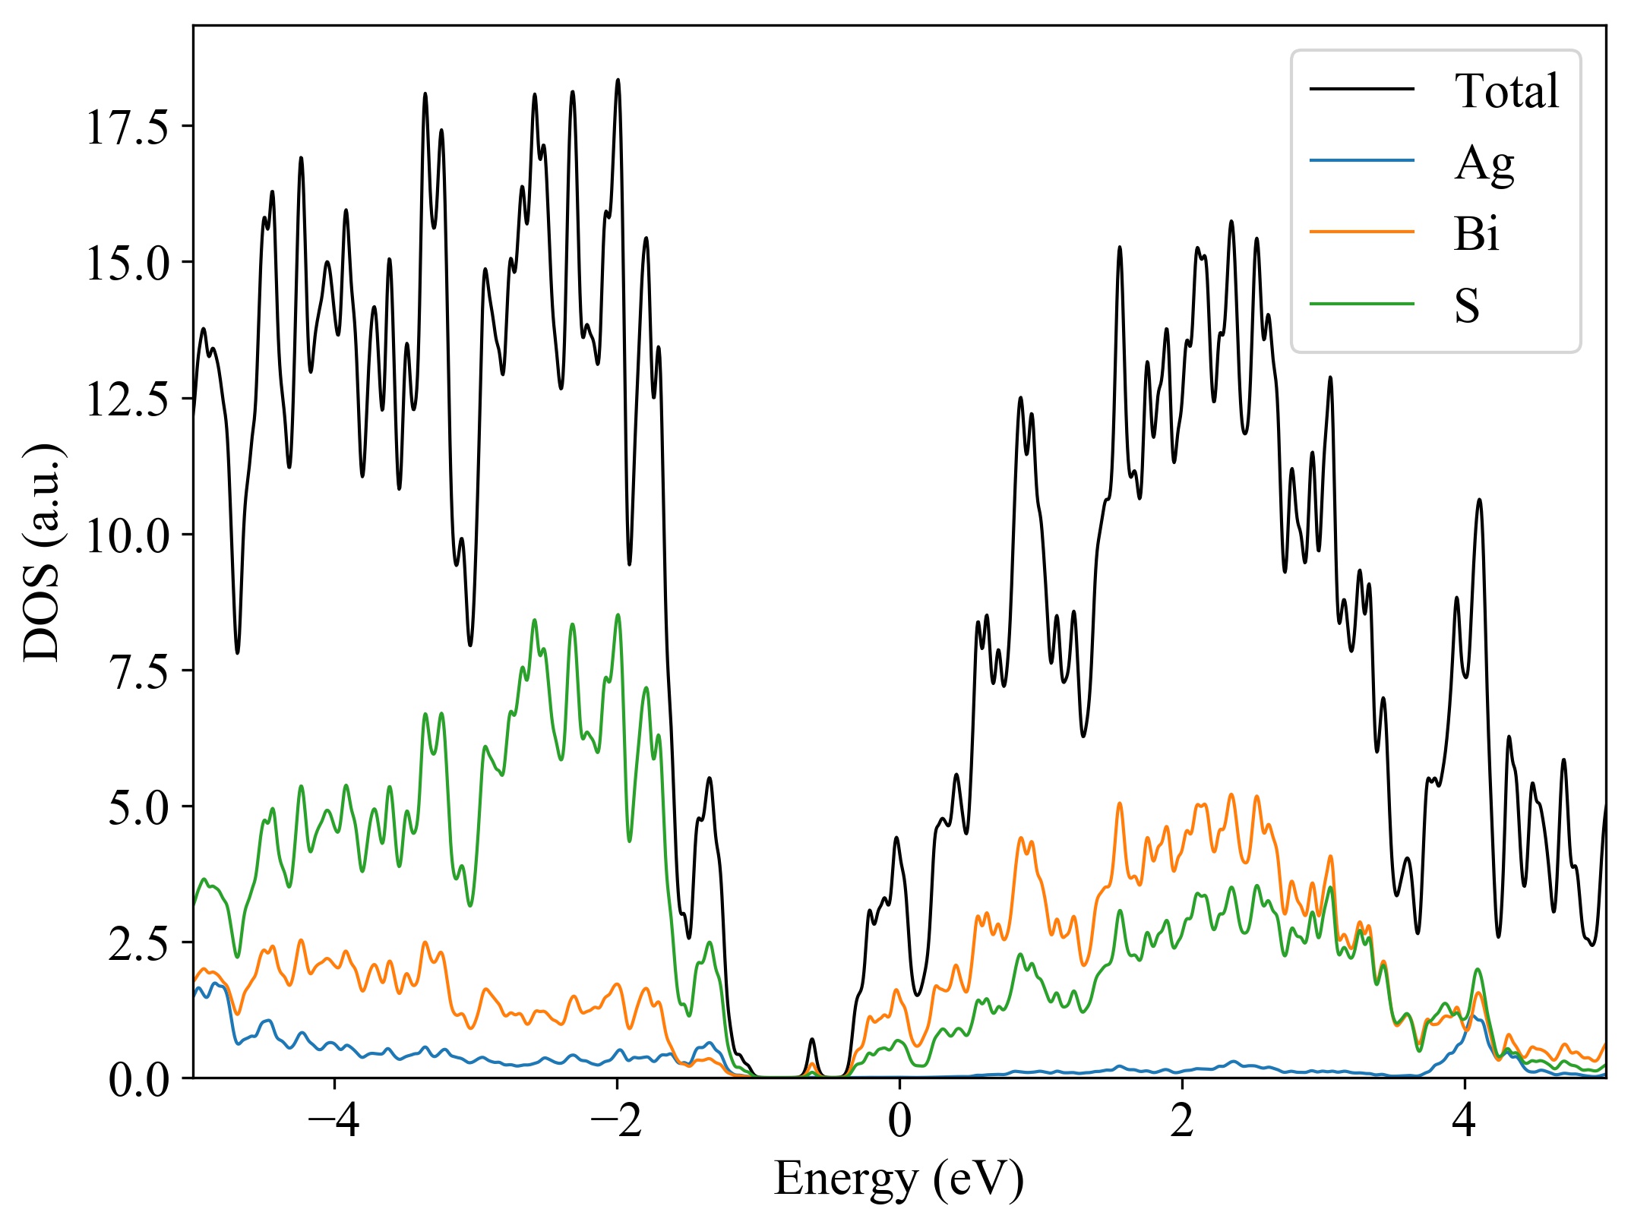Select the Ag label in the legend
pos(1484,163)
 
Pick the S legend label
pos(1467,305)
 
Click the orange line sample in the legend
pos(1361,231)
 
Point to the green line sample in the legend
pos(1361,303)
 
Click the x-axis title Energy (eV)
pos(899,1179)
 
